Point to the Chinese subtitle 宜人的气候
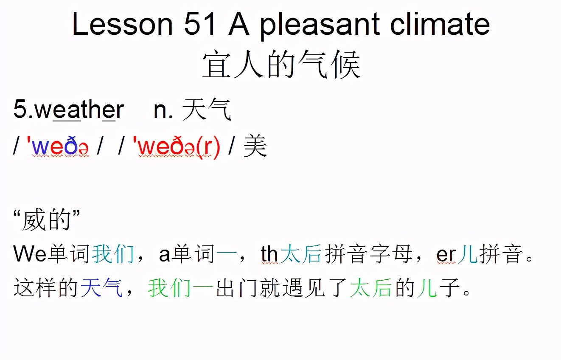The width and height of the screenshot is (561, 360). (x=281, y=66)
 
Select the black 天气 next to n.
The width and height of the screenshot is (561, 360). (x=207, y=110)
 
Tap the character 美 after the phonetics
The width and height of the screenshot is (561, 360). (x=255, y=147)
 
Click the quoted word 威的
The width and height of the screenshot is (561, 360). (x=47, y=221)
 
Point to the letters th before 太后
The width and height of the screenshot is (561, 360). (x=269, y=254)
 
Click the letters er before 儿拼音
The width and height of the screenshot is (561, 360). (x=446, y=254)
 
